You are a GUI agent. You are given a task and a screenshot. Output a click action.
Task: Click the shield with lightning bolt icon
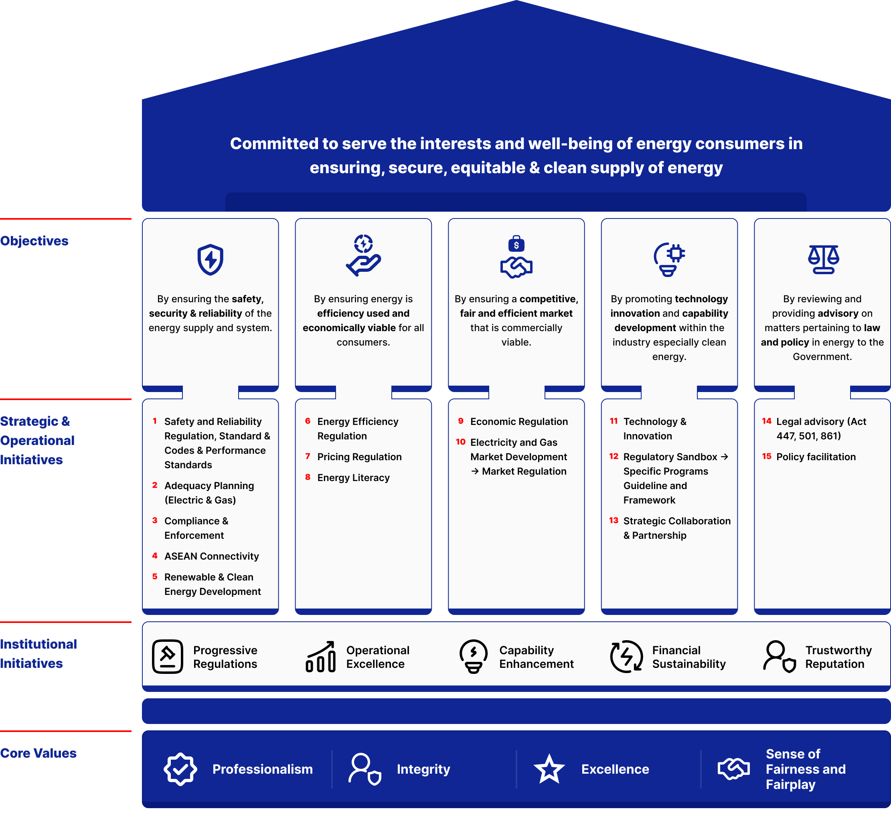210,259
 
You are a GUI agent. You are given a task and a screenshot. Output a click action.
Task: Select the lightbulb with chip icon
669,259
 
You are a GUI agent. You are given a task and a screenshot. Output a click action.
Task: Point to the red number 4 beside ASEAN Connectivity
155,556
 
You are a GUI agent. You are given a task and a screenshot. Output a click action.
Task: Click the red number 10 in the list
460,442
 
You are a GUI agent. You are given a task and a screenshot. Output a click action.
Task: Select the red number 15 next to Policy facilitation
766,456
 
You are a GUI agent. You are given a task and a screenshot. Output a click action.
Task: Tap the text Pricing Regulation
359,457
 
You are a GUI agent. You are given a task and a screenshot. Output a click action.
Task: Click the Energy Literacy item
353,478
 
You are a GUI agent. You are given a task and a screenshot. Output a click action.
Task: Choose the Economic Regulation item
518,422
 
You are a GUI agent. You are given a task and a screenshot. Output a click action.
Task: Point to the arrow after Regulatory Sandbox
724,457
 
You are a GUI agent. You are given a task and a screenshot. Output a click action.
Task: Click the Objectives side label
34,241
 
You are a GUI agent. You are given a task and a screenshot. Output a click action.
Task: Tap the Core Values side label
38,753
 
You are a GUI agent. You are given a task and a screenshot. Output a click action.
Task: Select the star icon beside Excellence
549,769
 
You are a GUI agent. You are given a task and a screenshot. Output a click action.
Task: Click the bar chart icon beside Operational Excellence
320,657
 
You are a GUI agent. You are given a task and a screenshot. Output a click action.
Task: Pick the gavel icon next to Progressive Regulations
168,657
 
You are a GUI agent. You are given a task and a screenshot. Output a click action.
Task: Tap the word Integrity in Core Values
423,769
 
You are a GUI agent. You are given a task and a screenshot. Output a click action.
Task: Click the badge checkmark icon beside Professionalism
180,769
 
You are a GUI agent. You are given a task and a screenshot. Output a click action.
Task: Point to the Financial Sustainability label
688,657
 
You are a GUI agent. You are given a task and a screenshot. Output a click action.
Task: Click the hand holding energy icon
363,255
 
